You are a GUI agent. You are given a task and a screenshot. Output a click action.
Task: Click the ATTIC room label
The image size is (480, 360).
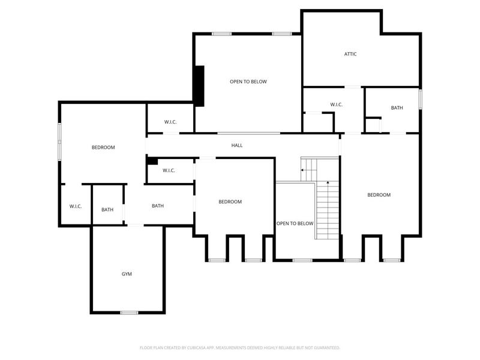pos(350,54)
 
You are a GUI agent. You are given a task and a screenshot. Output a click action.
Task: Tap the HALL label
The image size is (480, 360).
pos(237,145)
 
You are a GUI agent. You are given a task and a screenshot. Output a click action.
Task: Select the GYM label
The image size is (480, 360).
pos(127,274)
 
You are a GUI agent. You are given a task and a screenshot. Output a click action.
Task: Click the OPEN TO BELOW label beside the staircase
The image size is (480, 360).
pos(295,223)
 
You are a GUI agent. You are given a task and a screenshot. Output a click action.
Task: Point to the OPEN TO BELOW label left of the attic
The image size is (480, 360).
pos(248,82)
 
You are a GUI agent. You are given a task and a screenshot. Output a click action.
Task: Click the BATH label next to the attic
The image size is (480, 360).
pos(397,108)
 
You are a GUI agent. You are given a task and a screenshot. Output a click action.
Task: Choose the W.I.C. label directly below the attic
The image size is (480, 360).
pos(336,105)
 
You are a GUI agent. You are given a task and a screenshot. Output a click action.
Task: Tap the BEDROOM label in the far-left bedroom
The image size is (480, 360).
pos(103,148)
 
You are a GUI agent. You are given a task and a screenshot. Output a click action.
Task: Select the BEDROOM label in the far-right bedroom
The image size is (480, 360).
pos(379,195)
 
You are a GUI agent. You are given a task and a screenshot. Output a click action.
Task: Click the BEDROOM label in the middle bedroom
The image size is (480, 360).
pos(230,202)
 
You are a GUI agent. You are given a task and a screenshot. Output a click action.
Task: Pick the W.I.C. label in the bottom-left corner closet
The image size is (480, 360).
pos(76,206)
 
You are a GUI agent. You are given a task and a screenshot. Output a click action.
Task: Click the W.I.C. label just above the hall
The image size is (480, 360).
pos(170,122)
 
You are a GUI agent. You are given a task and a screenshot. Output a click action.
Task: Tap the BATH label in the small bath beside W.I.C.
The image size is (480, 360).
pos(107,210)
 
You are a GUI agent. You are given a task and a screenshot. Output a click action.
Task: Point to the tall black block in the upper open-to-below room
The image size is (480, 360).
pos(199,86)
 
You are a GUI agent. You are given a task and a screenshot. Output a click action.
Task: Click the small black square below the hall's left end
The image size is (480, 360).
pos(152,161)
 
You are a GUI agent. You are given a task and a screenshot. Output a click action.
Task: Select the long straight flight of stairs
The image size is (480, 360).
pos(327,210)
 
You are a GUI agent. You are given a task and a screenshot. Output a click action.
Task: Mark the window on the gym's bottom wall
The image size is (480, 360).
pos(129,313)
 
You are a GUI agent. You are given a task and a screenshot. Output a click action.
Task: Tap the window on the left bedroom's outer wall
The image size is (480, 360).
pos(59,142)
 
